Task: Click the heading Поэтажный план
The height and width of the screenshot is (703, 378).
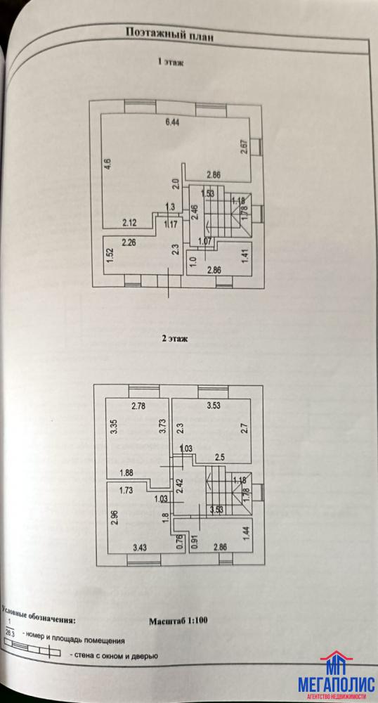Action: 169,34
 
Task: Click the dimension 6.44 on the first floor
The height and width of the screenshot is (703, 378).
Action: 172,123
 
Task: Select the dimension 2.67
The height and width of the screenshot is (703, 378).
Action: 244,148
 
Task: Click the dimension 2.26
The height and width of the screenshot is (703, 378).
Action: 129,243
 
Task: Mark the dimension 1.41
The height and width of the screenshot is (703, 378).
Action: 245,259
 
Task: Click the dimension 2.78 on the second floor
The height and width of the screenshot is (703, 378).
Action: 139,407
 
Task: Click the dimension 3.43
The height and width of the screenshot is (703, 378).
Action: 140,546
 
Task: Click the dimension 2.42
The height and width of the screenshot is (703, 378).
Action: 180,487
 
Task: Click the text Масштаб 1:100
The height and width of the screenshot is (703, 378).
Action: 177,621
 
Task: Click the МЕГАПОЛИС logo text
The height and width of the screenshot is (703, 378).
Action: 337,684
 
